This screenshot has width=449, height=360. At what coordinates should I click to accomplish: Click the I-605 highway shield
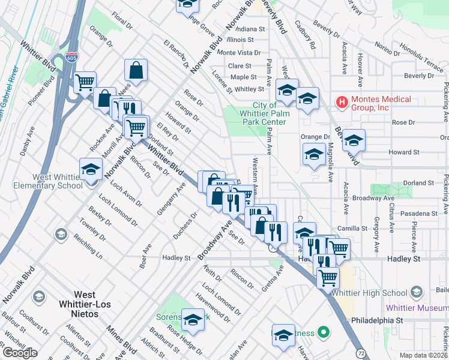pos(73,58)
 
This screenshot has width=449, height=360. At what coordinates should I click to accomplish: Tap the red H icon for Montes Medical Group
pos(342,103)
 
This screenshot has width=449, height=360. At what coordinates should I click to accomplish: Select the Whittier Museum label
pos(417,308)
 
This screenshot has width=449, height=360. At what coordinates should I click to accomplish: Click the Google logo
pos(20,353)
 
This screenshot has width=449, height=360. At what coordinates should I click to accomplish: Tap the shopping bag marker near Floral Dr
pos(136,71)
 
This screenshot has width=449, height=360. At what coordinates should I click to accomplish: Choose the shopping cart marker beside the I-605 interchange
pos(85,82)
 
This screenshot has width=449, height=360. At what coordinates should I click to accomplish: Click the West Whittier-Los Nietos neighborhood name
pos(84,300)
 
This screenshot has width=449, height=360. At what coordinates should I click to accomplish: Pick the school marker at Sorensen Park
pos(193,320)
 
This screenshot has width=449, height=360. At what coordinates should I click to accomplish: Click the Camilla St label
pos(352,229)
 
